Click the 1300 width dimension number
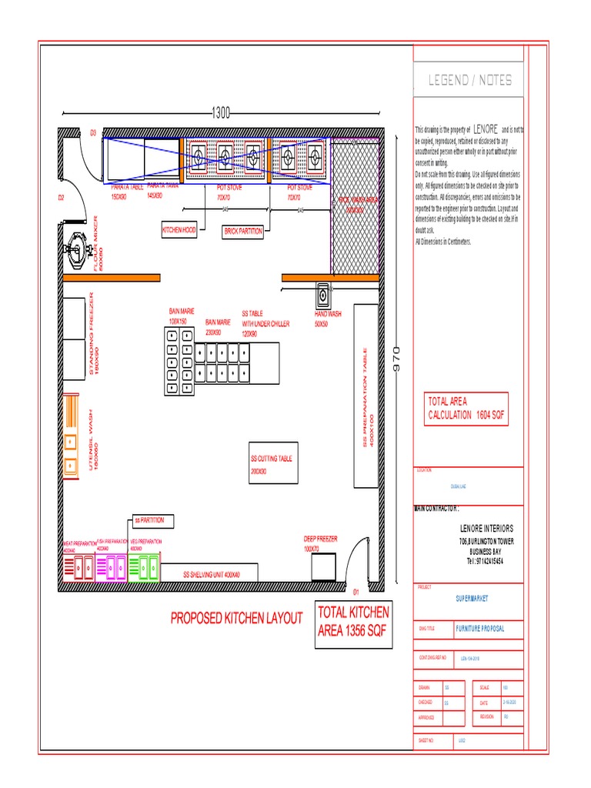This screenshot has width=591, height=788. [x=222, y=113]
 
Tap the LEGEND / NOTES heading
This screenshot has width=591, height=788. [x=469, y=80]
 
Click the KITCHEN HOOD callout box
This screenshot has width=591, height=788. [x=179, y=230]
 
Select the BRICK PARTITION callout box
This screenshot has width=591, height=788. [x=243, y=230]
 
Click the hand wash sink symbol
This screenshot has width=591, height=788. [x=322, y=295]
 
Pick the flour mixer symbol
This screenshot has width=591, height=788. [x=75, y=248]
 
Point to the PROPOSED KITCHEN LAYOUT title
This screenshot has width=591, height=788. [x=237, y=618]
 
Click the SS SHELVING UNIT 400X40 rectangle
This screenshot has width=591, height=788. [x=211, y=574]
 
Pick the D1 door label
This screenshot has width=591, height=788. [x=356, y=593]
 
